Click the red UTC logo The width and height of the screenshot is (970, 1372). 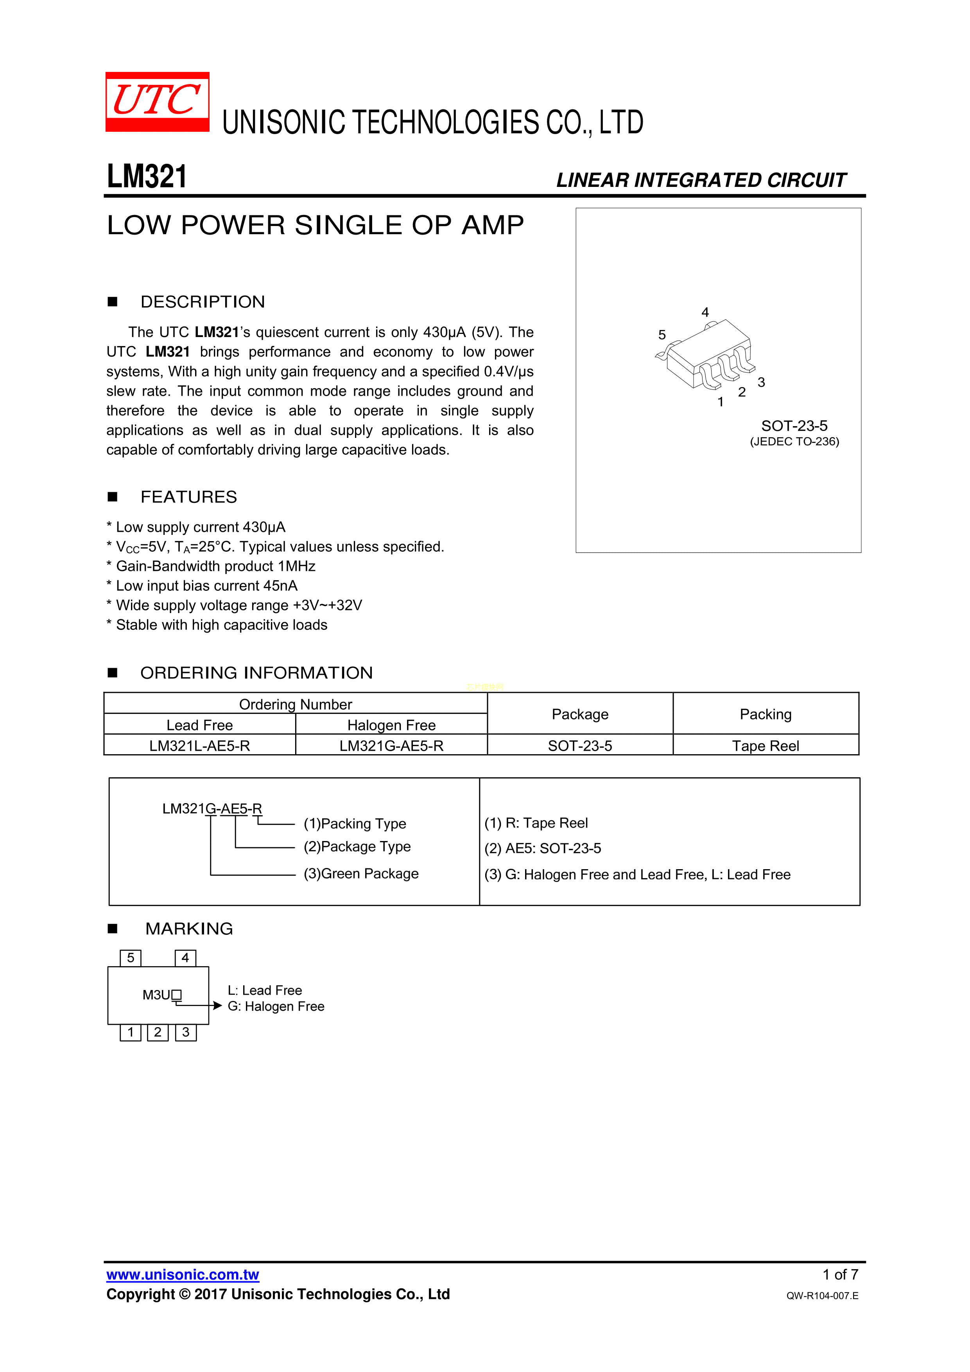pyautogui.click(x=157, y=102)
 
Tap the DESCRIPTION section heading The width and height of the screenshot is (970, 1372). pyautogui.click(x=203, y=302)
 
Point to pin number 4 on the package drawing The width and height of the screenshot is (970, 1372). pyautogui.click(x=705, y=312)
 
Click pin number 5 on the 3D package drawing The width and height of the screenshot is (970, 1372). pyautogui.click(x=662, y=335)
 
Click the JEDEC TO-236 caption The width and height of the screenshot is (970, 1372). pyautogui.click(x=794, y=441)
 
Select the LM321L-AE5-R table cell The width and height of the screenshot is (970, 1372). pyautogui.click(x=200, y=746)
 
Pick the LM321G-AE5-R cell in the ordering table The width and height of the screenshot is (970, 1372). pyautogui.click(x=391, y=746)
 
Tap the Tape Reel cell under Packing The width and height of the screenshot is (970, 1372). pyautogui.click(x=766, y=746)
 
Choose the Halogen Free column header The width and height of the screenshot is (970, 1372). pyautogui.click(x=391, y=725)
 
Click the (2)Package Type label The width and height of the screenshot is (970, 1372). pyautogui.click(x=357, y=847)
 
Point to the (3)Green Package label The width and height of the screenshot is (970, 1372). pyautogui.click(x=361, y=873)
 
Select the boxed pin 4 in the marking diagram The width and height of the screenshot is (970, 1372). pyautogui.click(x=185, y=958)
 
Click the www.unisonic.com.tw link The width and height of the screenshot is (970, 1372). pyautogui.click(x=183, y=1275)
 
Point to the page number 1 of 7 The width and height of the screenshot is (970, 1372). pyautogui.click(x=840, y=1275)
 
